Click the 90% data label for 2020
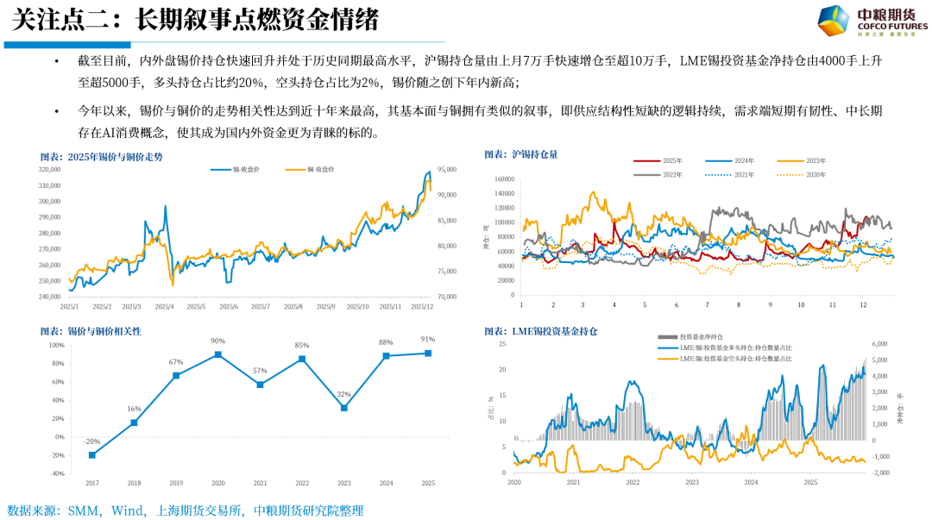point(218,341)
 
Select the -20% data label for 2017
point(91,441)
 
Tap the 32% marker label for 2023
point(343,394)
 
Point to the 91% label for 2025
point(428,339)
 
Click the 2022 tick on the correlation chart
point(302,484)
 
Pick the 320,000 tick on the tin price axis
point(50,170)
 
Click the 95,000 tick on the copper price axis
point(447,170)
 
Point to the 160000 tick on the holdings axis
point(503,179)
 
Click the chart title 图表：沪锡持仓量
point(521,154)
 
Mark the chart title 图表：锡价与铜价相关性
point(91,331)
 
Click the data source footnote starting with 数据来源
point(186,511)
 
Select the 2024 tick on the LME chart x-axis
point(751,482)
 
